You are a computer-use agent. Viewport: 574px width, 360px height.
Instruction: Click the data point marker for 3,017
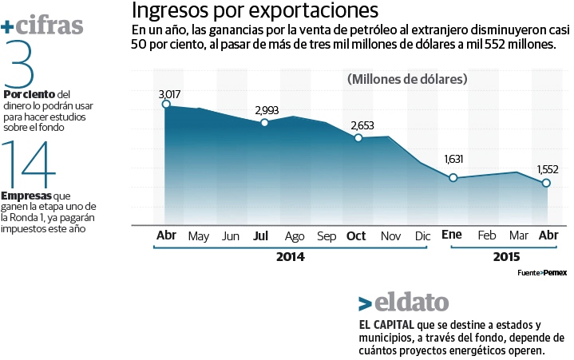click(166, 104)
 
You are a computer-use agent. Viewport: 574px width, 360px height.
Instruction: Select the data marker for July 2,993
click(264, 122)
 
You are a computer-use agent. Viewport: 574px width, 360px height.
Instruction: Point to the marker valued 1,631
click(453, 177)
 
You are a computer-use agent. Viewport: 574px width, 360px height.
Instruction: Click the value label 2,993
click(267, 110)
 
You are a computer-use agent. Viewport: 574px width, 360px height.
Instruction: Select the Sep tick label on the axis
click(327, 236)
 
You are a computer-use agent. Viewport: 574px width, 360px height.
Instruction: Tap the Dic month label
click(422, 236)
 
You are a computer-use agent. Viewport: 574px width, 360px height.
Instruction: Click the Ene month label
click(452, 236)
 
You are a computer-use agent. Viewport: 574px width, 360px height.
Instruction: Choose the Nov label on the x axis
click(390, 236)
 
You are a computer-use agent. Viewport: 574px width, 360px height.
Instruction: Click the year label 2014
click(290, 257)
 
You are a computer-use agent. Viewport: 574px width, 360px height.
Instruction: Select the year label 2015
click(506, 257)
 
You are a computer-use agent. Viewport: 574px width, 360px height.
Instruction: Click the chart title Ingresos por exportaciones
click(255, 11)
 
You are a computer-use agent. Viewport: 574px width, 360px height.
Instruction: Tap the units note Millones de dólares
click(407, 79)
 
